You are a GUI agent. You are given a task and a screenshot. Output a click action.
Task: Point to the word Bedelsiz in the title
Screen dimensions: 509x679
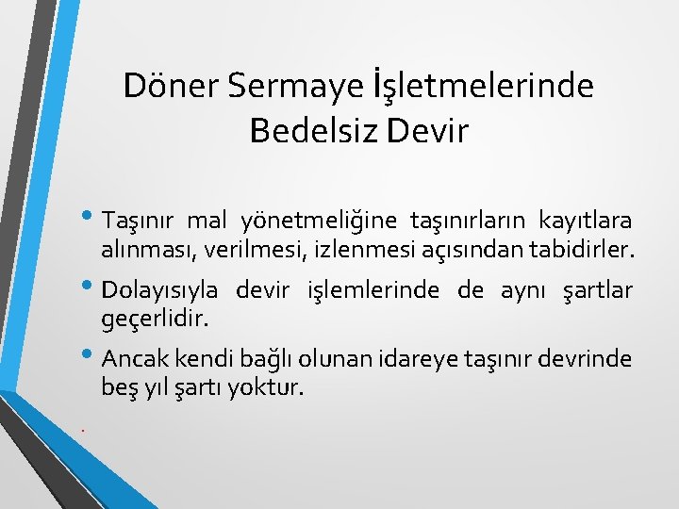coord(311,131)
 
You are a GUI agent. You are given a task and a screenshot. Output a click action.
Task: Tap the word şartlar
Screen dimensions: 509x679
coord(597,290)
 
